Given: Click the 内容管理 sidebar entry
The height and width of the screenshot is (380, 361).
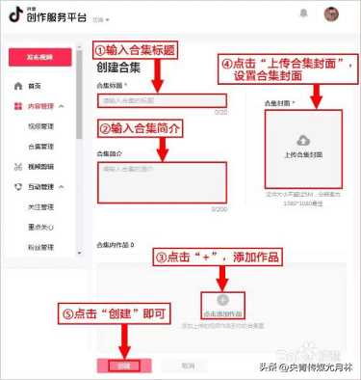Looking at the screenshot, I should click(39, 106).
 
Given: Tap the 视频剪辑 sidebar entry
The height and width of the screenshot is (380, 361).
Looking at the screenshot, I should click(39, 166).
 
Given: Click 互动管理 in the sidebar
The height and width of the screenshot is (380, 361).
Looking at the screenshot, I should click(39, 186).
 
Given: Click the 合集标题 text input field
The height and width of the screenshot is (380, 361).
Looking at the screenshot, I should click(161, 101).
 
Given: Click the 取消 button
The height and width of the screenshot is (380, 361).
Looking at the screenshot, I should click(189, 366).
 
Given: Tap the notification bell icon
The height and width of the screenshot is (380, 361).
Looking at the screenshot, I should click(304, 15).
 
